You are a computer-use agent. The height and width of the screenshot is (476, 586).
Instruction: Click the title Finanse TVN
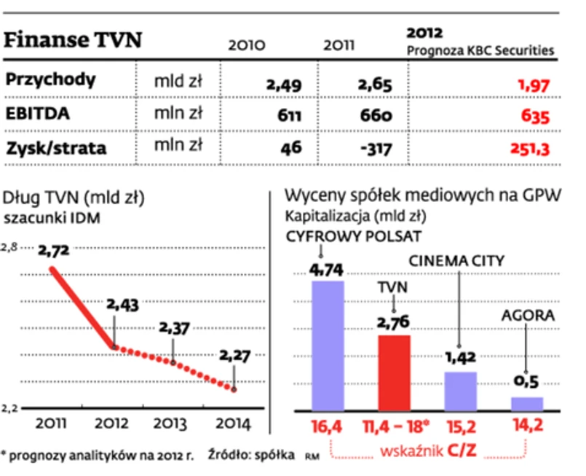74,39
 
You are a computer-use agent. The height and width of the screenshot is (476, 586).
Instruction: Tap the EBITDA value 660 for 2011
375,115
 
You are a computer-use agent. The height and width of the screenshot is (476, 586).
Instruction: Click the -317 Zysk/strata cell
373,149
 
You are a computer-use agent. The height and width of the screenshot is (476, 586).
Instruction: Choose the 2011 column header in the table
338,44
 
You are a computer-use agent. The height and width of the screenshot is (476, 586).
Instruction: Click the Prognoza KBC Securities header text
480,51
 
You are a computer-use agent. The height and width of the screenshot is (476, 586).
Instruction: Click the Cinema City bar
461,391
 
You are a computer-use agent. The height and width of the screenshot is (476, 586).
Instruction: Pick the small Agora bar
527,403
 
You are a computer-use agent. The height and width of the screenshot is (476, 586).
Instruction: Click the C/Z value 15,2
461,426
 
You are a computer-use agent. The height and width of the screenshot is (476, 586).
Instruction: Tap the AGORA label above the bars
528,316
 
